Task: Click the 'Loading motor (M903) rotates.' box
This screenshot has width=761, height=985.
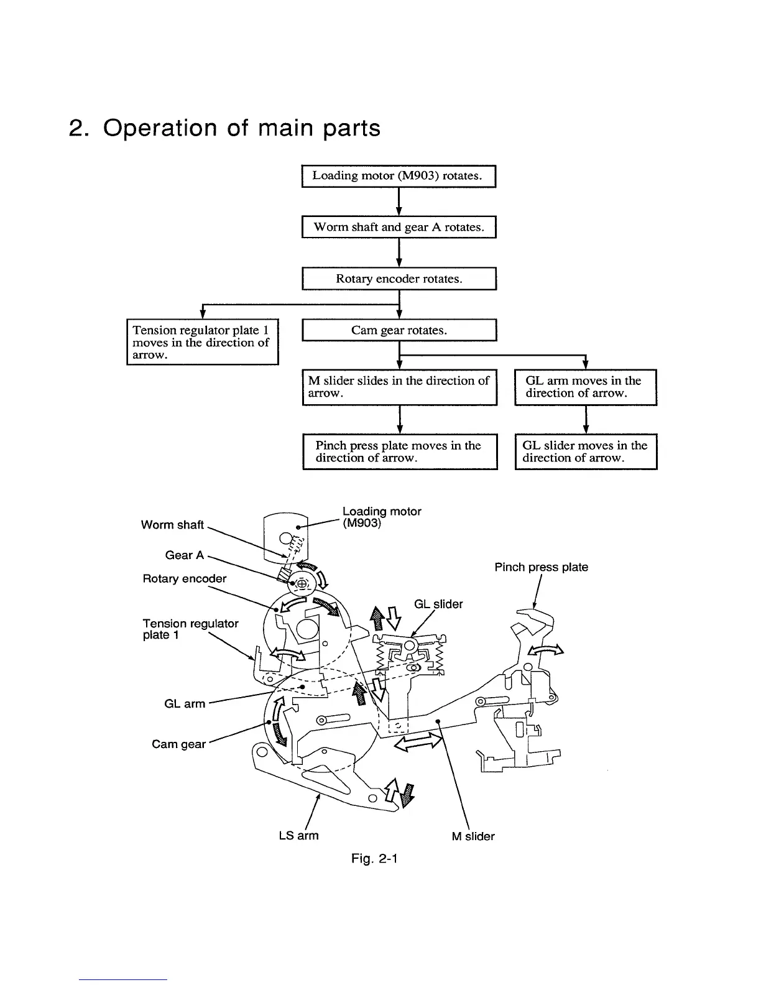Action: (x=398, y=176)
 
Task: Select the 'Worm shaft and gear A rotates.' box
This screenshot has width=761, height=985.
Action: (x=398, y=227)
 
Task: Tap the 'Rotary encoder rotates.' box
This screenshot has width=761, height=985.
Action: (x=399, y=279)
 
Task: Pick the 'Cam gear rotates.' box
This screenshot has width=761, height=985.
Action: (x=399, y=330)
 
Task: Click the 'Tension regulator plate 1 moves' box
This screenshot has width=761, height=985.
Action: (x=201, y=342)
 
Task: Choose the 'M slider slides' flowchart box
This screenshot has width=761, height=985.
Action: (x=399, y=387)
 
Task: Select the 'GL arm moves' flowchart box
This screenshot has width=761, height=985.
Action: (x=585, y=387)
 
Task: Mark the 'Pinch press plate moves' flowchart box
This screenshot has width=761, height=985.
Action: (x=399, y=451)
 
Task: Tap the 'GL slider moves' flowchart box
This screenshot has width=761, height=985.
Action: (x=585, y=451)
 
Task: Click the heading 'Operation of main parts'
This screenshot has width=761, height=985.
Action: (x=224, y=127)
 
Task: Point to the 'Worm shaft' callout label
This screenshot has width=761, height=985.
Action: (x=172, y=525)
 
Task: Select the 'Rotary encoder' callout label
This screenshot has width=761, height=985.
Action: (x=185, y=579)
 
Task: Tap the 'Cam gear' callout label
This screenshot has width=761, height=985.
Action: (x=178, y=744)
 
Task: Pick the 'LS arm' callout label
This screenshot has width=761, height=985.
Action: (x=298, y=836)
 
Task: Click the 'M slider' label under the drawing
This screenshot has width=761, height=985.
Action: (x=473, y=836)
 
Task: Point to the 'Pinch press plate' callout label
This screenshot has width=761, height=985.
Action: (x=541, y=567)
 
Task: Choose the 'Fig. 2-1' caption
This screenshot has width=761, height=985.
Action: (x=374, y=859)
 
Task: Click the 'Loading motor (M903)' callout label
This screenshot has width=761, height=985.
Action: (x=381, y=517)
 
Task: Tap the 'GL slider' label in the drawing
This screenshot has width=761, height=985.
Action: (x=438, y=604)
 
